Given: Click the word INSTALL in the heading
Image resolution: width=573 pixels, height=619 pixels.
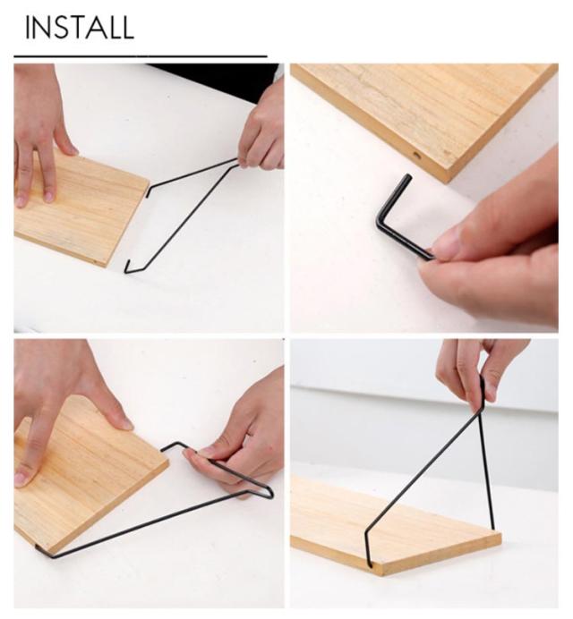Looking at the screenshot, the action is coord(80,28).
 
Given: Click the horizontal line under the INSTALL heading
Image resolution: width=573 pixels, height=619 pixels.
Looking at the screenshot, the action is coord(141,56).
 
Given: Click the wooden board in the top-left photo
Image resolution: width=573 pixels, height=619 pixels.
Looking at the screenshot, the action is coord(79,209).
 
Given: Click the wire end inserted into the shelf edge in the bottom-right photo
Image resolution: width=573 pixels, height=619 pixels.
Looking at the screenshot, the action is coord(370,563).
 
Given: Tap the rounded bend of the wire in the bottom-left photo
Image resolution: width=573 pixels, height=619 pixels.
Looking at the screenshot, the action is coord(269,493).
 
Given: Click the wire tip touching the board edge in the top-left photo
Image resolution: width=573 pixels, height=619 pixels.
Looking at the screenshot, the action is coord(149,192).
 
